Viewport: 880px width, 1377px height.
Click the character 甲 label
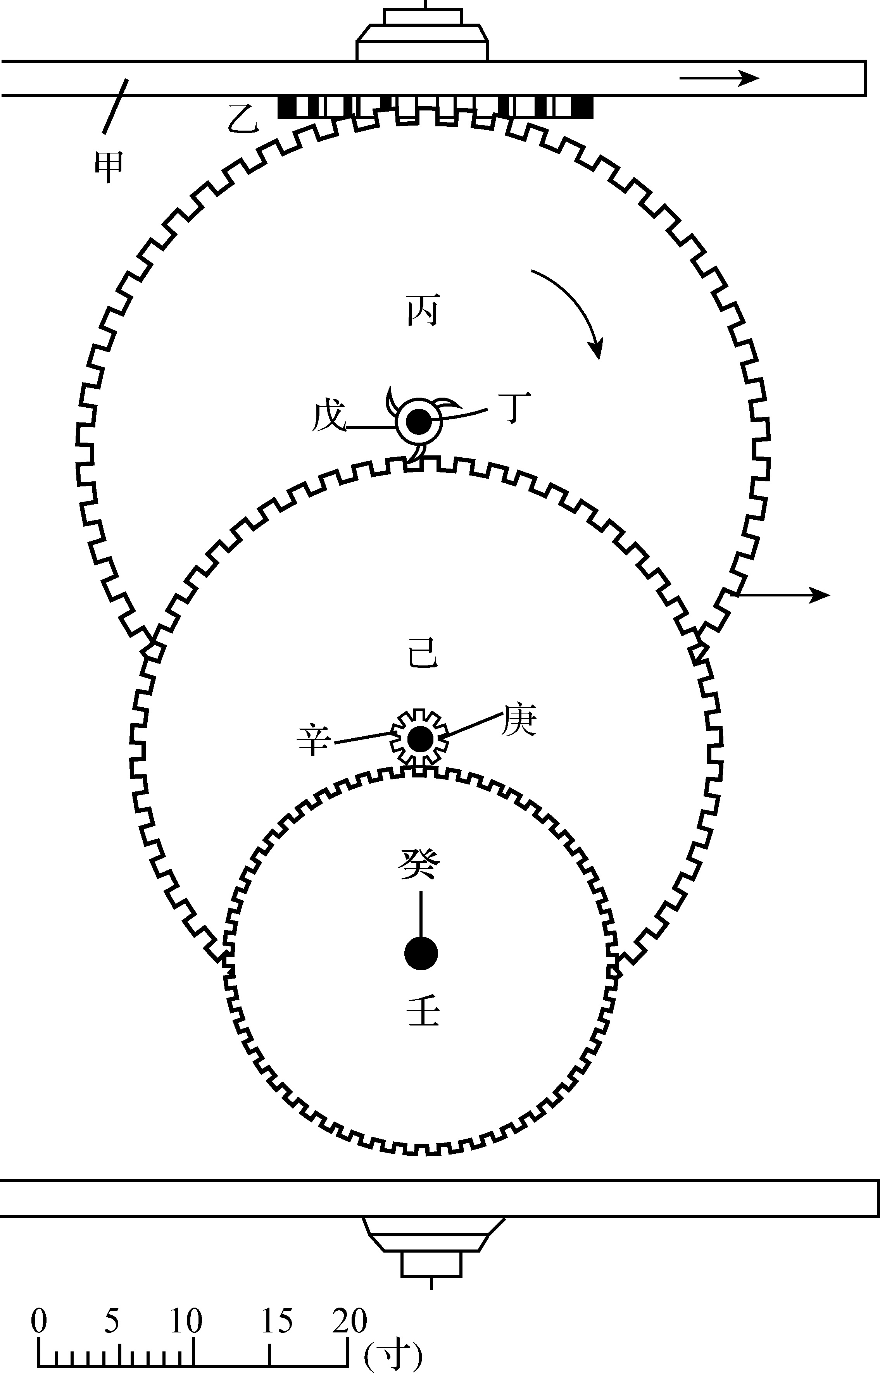coord(109,167)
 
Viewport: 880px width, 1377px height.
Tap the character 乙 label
coord(243,118)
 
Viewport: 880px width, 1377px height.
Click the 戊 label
coord(330,416)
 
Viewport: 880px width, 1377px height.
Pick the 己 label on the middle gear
coord(423,653)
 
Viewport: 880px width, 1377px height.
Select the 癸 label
coord(419,863)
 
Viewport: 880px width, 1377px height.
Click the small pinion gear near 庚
coord(419,738)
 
